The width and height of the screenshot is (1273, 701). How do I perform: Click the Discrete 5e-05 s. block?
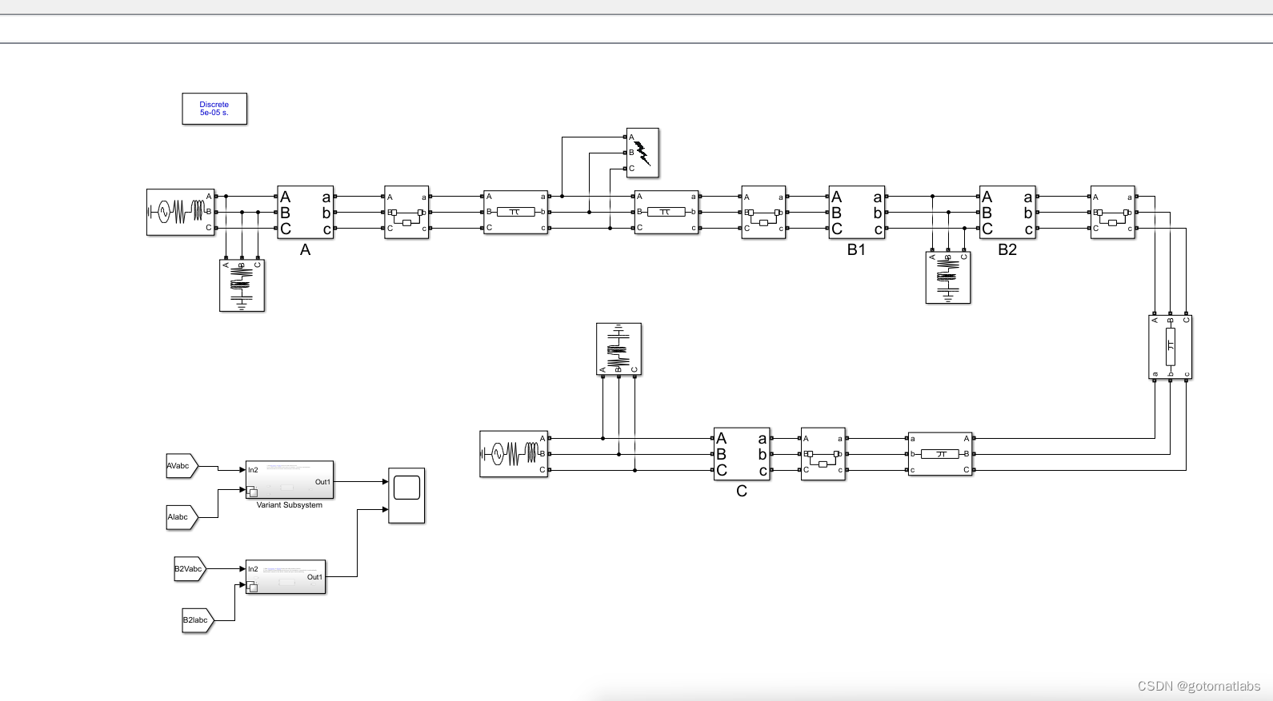point(214,109)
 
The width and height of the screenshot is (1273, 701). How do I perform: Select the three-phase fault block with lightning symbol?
point(643,153)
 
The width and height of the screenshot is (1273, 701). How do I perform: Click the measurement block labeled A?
point(305,213)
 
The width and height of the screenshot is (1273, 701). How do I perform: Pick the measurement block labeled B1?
point(856,213)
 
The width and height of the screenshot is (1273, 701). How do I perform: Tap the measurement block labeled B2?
point(1007,213)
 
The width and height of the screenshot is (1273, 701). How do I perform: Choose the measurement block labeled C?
point(742,454)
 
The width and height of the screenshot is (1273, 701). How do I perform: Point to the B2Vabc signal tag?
point(190,569)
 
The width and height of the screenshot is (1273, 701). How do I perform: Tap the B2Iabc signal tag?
point(197,620)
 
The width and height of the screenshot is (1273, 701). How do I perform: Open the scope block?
point(406,496)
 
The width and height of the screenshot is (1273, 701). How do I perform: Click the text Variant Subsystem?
point(290,505)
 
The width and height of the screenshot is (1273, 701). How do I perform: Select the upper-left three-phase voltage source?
point(180,213)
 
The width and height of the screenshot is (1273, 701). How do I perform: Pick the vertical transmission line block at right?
point(1170,347)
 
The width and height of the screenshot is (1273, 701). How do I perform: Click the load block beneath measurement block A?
point(242,285)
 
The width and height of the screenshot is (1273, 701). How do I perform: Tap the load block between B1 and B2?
point(947,278)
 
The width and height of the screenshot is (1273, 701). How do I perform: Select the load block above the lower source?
point(618,349)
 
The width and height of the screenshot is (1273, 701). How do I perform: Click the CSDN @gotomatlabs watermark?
point(1198,686)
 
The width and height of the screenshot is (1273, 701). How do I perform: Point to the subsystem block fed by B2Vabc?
point(286,576)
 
